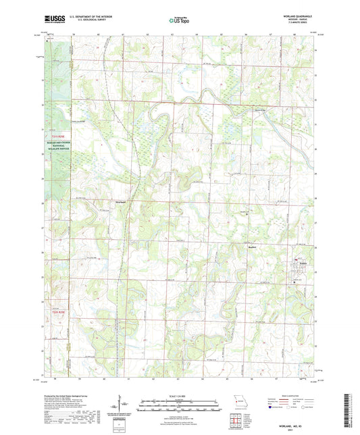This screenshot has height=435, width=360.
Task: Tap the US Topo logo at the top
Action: pyautogui.click(x=178, y=22)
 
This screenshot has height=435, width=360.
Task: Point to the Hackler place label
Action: pyautogui.click(x=248, y=247)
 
